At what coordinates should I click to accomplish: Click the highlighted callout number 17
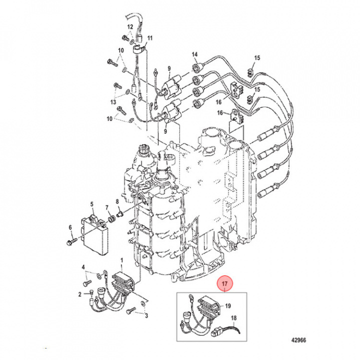pyautogui.click(x=225, y=285)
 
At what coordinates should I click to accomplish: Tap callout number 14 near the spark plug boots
pyautogui.click(x=195, y=54)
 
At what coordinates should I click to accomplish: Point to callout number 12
pyautogui.click(x=129, y=26)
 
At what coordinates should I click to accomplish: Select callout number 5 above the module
pyautogui.click(x=92, y=204)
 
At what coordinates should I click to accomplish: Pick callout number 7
pyautogui.click(x=107, y=207)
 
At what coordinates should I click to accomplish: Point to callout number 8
pyautogui.click(x=117, y=202)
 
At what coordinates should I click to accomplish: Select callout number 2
pyautogui.click(x=79, y=294)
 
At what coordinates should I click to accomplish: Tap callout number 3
pyautogui.click(x=146, y=316)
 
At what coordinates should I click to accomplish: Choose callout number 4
pyautogui.click(x=84, y=267)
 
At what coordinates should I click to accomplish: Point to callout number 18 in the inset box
pyautogui.click(x=233, y=318)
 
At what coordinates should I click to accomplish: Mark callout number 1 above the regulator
pyautogui.click(x=121, y=260)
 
